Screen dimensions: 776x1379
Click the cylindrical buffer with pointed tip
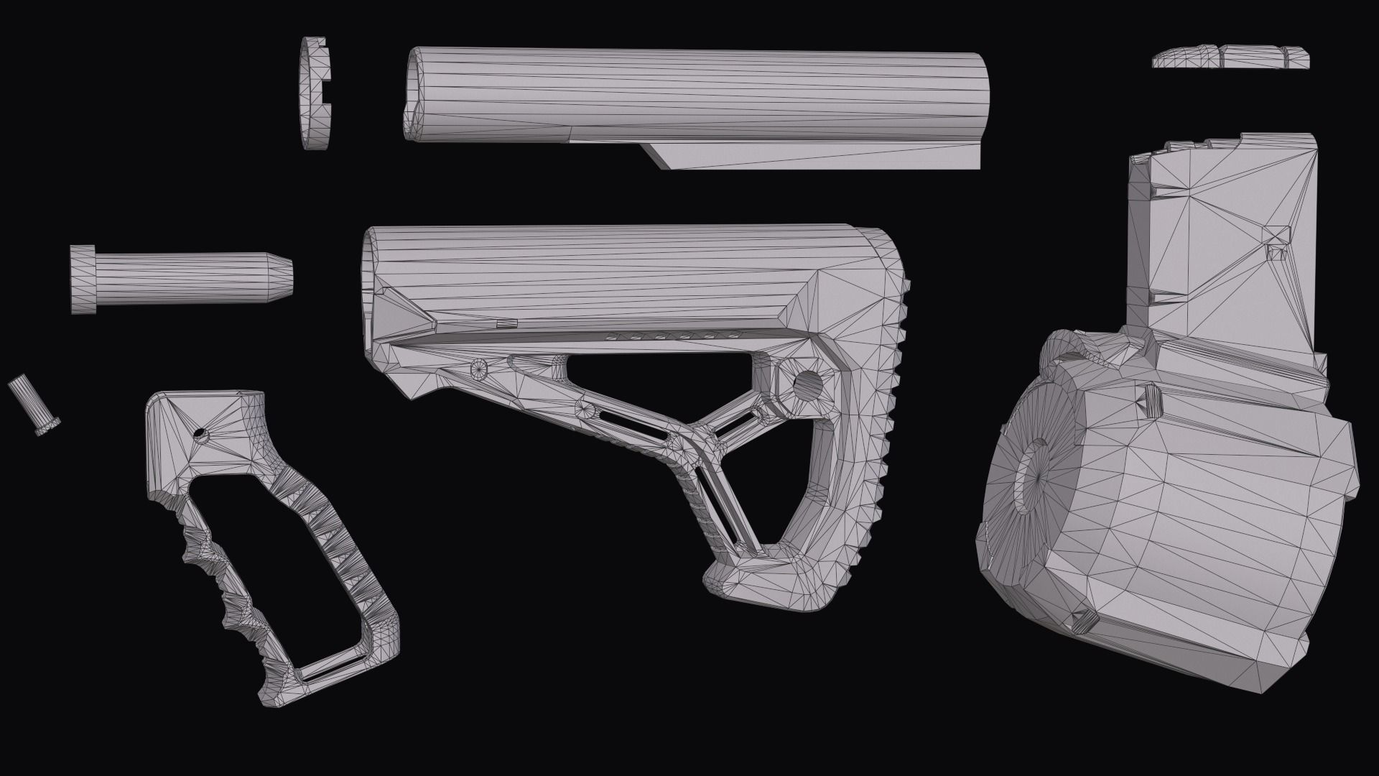187,277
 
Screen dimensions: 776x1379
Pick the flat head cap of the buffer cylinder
83,279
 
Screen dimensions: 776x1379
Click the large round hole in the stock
806,386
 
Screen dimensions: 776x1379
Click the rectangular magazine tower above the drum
1228,244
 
